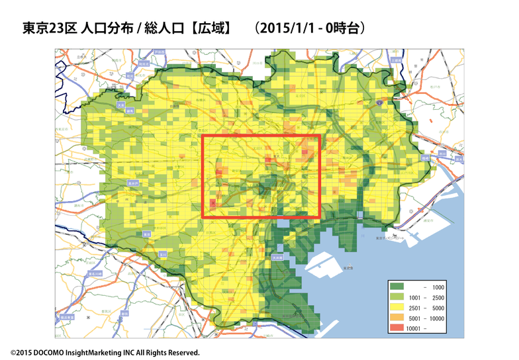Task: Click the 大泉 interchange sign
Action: (120, 105)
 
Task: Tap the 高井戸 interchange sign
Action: (133, 183)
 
